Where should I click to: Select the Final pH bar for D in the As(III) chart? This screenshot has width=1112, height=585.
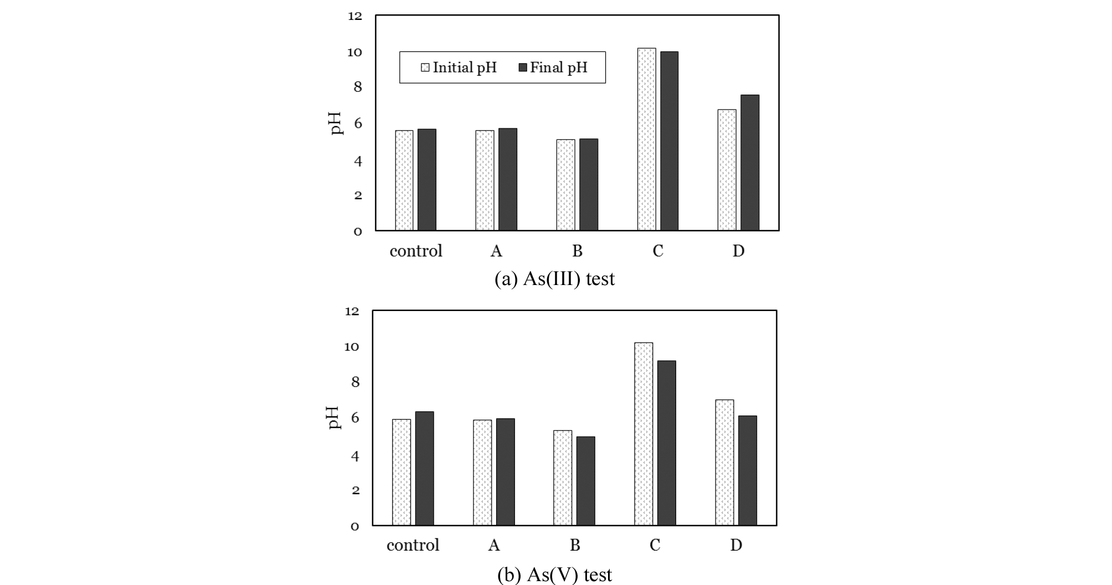tap(750, 163)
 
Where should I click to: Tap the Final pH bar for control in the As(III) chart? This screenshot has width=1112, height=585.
tap(427, 180)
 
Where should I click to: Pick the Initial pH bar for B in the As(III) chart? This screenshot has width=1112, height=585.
tap(565, 185)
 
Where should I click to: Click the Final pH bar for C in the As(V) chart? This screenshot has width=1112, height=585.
tap(666, 443)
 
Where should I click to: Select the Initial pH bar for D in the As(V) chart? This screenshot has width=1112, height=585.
tap(724, 462)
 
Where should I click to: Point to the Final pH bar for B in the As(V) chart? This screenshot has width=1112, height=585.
tap(585, 481)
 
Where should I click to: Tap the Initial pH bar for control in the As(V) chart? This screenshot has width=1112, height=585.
tap(401, 472)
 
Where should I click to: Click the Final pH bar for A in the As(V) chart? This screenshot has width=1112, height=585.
tap(505, 472)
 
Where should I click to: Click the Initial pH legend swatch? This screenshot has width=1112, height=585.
tap(425, 68)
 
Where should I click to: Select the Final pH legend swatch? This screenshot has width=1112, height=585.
tap(523, 68)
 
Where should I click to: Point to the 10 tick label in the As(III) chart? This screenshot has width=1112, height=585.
tap(354, 53)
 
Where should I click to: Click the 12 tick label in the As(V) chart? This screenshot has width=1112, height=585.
tap(352, 311)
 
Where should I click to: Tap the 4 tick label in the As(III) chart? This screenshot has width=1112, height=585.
tap(358, 161)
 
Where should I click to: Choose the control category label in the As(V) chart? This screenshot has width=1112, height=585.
tap(413, 545)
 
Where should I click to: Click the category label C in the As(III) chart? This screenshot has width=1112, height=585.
tap(657, 251)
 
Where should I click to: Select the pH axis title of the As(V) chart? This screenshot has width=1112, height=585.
tap(333, 418)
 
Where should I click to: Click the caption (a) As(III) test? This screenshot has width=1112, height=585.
tap(554, 278)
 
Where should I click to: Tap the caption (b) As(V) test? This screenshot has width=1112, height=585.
tap(554, 574)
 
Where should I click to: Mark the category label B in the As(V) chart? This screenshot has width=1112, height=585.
tap(575, 545)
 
